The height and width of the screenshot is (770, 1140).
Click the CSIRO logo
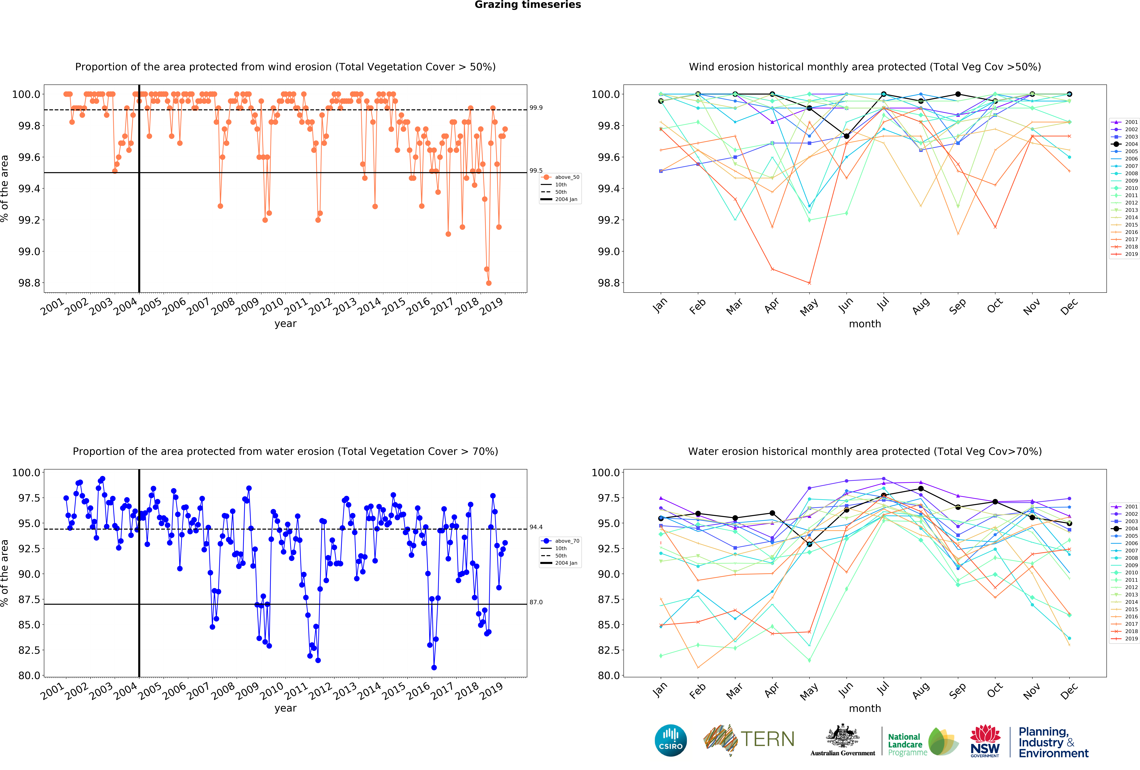(x=671, y=740)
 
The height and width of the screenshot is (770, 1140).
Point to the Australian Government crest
(x=842, y=736)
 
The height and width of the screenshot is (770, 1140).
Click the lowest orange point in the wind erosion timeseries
(x=489, y=283)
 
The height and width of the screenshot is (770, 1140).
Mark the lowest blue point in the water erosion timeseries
(x=434, y=668)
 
